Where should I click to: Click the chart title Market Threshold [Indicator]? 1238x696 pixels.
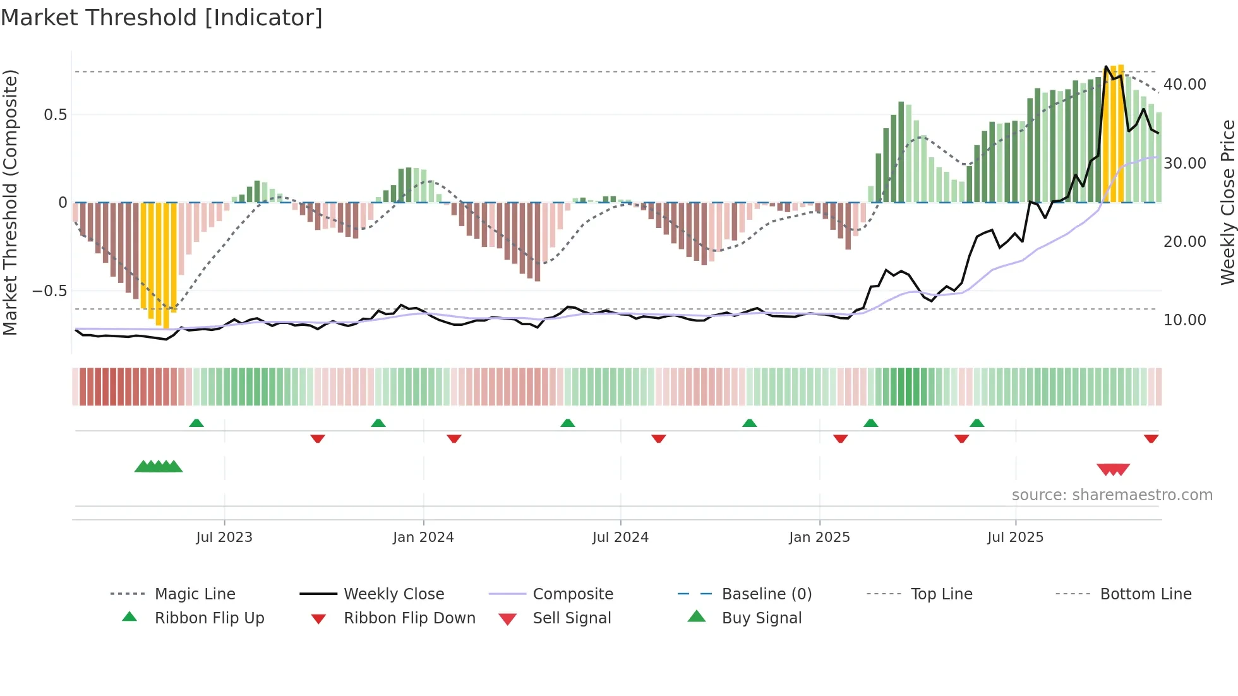[162, 18]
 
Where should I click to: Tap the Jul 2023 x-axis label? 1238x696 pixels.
[224, 537]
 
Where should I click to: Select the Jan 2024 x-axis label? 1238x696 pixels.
[423, 537]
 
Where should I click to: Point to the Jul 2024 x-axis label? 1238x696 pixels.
[620, 537]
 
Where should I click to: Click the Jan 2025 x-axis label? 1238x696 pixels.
[819, 537]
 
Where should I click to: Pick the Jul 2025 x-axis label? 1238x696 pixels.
[1015, 537]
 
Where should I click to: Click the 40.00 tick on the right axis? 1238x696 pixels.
[1184, 85]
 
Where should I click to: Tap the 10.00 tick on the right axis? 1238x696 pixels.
[1184, 320]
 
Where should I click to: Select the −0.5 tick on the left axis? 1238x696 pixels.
[49, 291]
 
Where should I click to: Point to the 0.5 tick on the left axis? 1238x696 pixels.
[55, 115]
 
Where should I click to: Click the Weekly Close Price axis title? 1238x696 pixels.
[1227, 202]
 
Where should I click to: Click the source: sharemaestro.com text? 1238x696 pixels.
[1112, 495]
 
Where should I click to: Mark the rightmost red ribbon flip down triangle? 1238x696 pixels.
[1151, 438]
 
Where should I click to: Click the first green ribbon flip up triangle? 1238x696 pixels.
[196, 423]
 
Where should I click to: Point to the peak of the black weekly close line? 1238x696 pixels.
[1106, 66]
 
